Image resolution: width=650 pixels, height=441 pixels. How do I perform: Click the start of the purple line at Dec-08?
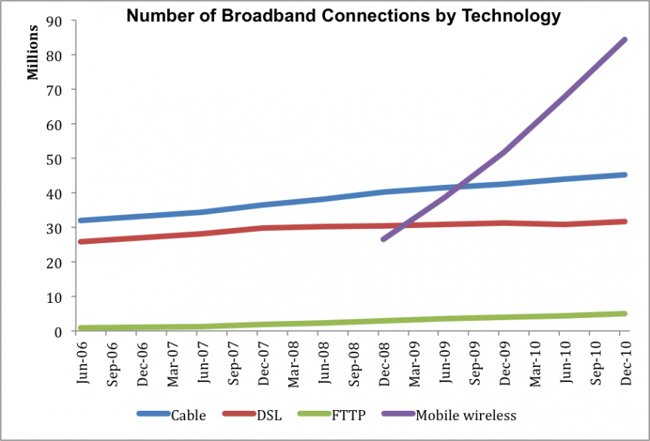coord(383,239)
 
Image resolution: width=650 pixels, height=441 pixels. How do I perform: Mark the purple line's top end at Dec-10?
coord(625,39)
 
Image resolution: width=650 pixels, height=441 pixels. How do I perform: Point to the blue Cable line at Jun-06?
coord(81,220)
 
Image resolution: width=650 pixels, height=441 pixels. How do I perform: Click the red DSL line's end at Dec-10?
coord(625,221)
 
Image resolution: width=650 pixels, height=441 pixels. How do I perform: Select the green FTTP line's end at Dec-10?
coord(625,313)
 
